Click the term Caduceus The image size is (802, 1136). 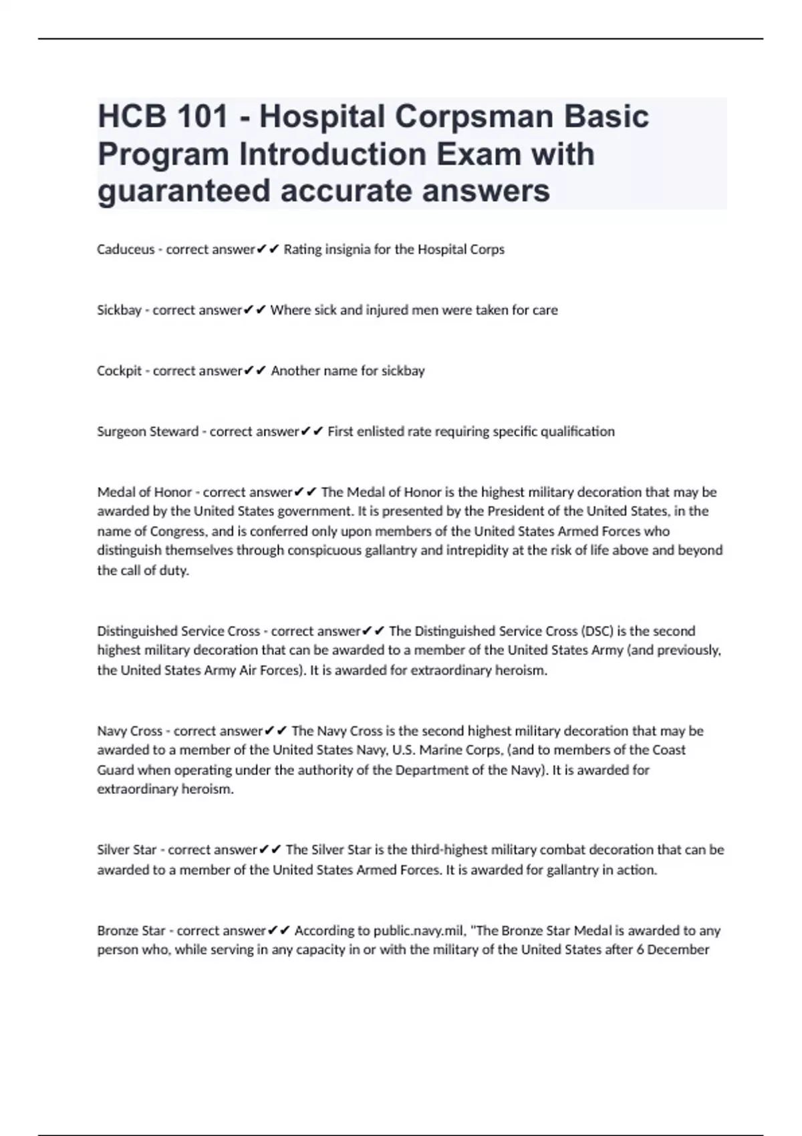point(126,249)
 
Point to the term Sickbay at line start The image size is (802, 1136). point(119,310)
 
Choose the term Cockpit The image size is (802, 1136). point(119,371)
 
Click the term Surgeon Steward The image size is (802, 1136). point(148,432)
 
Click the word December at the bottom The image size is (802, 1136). point(678,950)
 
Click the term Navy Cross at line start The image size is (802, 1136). point(130,731)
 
